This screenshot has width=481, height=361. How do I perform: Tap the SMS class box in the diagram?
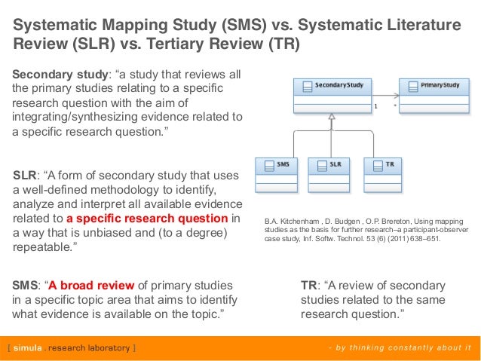click(x=277, y=173)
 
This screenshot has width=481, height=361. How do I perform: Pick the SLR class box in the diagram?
click(x=330, y=173)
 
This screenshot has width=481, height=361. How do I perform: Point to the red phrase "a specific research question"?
click(x=147, y=219)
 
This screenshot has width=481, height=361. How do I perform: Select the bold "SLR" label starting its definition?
click(x=26, y=176)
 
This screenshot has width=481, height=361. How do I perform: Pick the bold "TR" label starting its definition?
click(x=308, y=286)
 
